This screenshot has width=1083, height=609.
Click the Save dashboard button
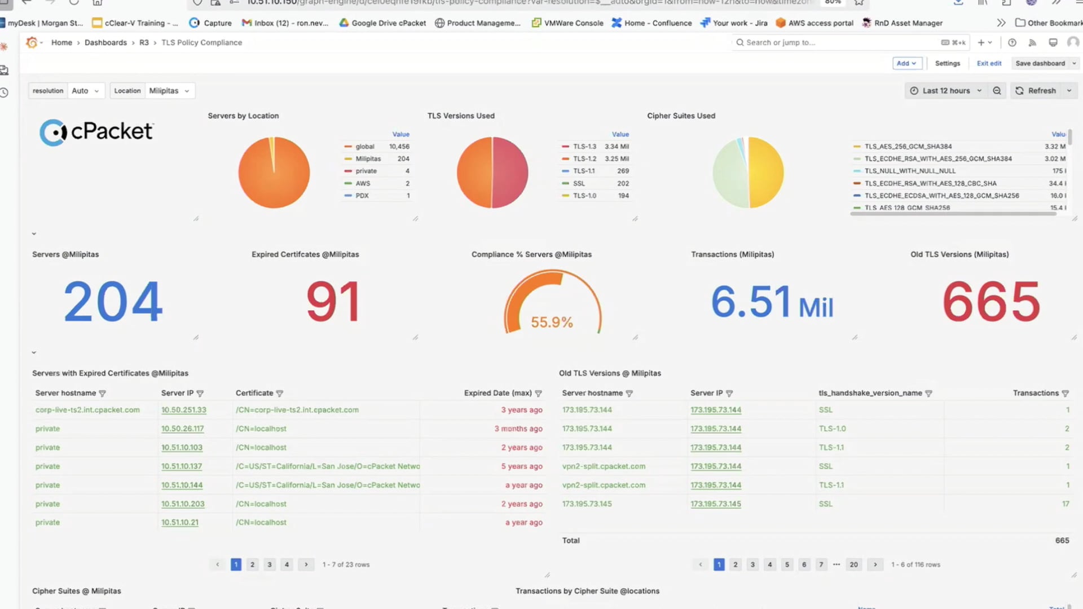(1040, 63)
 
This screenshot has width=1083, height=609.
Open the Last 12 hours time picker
(946, 91)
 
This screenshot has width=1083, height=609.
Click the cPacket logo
(96, 132)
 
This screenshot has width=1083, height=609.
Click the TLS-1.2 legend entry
(584, 159)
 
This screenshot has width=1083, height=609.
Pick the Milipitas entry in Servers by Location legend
(368, 159)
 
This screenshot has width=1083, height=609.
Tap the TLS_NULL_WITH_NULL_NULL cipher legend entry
(910, 171)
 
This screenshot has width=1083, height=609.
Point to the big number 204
(113, 302)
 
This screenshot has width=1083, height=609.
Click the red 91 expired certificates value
(333, 302)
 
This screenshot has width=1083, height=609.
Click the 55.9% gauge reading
(552, 322)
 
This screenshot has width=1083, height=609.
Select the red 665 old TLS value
(991, 302)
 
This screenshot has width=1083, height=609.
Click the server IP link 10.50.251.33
(183, 410)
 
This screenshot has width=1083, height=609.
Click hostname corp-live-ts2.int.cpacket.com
(87, 410)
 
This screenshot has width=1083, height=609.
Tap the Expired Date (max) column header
(498, 393)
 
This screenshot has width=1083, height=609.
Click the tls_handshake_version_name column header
(870, 393)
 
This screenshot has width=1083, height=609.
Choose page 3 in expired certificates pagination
(270, 564)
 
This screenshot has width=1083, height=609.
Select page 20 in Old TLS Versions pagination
(853, 564)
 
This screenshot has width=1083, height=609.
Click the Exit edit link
(989, 63)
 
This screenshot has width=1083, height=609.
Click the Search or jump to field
(835, 42)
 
